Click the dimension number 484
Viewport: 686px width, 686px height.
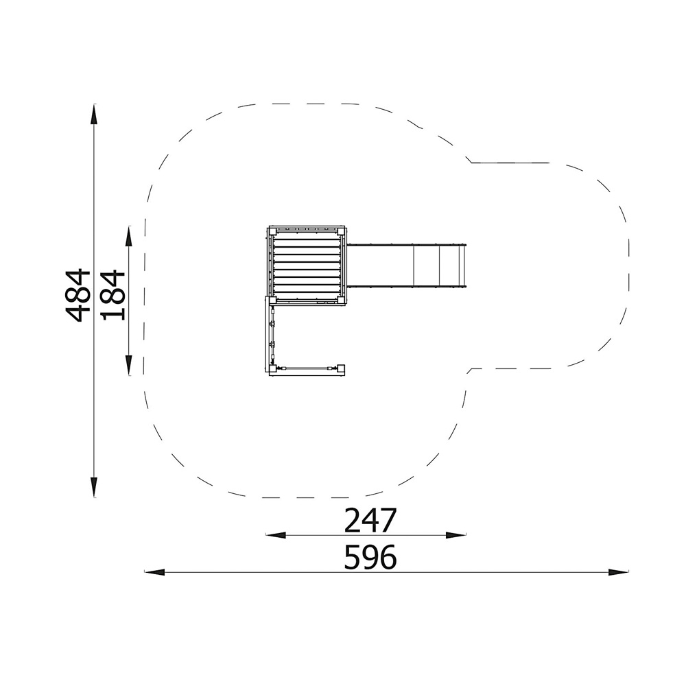[78, 295]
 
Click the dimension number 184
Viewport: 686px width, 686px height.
[113, 295]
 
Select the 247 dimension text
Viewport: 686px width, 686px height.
[370, 520]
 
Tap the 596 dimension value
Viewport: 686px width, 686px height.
[370, 557]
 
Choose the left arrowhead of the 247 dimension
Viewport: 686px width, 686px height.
[276, 534]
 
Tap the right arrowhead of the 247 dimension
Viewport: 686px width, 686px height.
[456, 534]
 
